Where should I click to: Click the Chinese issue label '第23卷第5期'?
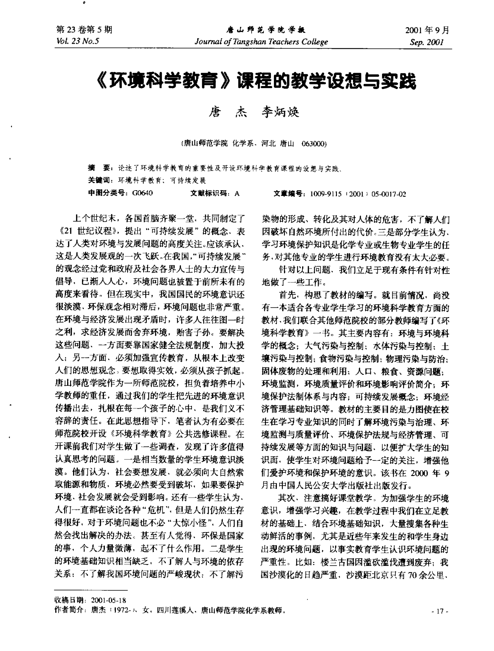84,30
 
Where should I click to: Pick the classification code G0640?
142,193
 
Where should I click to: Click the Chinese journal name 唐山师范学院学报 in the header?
265,31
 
